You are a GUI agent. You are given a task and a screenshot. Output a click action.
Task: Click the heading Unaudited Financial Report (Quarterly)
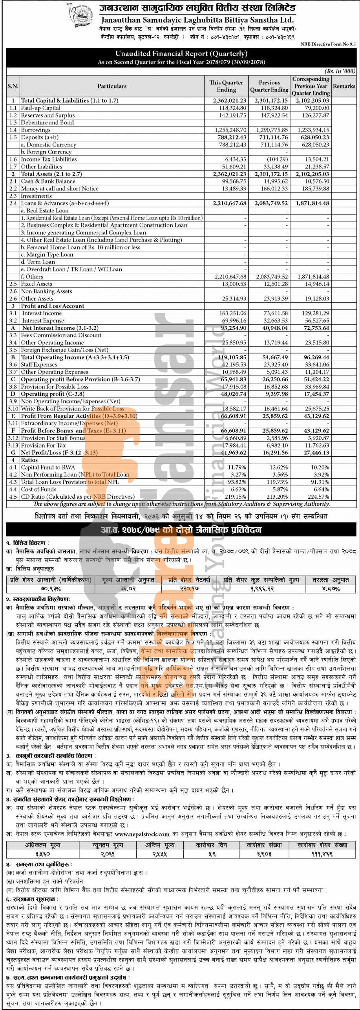pos(181,54)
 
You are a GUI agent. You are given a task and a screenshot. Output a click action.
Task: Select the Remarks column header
pos(344,86)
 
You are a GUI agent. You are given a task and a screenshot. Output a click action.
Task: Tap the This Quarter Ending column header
pos(226,86)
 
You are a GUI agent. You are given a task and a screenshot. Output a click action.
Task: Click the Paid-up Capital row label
pos(40,108)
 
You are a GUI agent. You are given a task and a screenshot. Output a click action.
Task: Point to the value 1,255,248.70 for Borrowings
pos(230,130)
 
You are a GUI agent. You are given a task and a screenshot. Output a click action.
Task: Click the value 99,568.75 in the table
pos(234,181)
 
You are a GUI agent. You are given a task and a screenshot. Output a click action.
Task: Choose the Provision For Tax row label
pos(43,445)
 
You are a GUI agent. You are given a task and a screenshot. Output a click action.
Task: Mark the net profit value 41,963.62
pos(234,453)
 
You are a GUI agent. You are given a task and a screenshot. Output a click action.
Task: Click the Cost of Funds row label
pos(38,489)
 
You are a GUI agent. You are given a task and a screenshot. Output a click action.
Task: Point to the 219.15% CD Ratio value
pos(237,497)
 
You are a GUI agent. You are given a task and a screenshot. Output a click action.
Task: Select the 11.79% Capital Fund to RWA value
pos(238,467)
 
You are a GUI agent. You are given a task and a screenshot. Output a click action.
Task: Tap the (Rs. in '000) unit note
pos(340,71)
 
